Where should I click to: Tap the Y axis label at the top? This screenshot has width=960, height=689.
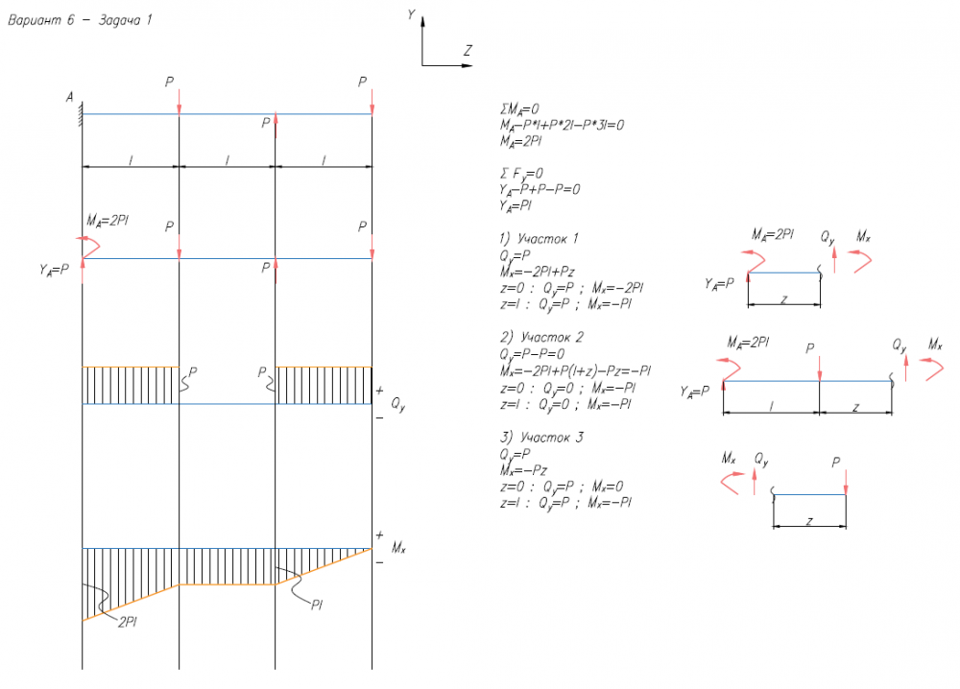coord(411,14)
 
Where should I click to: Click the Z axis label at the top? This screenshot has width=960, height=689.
coord(467,50)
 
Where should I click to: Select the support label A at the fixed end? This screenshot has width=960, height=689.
coord(70,97)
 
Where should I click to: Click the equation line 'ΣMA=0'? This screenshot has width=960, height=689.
coord(515,109)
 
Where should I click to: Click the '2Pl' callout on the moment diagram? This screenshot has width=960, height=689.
coord(129,621)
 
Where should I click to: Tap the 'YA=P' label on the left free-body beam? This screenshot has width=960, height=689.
coord(49,270)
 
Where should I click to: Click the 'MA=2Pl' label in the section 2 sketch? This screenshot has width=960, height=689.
coord(749,342)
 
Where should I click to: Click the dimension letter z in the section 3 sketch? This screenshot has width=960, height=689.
coord(809,521)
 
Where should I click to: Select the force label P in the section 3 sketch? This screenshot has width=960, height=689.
coord(837,463)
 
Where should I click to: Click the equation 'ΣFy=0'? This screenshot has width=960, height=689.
coord(511,173)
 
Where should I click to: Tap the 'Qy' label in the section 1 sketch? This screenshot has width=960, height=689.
coord(828,234)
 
